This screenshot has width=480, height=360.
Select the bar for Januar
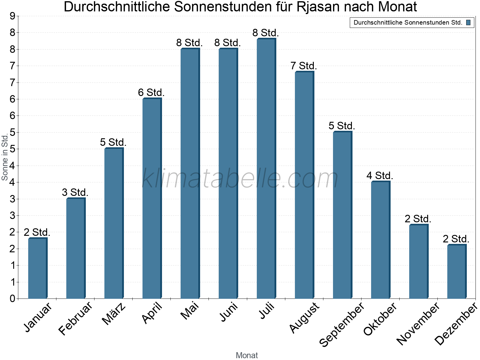37,268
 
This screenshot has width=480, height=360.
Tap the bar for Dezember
457,271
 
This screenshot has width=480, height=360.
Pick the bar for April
152,198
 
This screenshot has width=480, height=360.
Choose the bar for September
342,215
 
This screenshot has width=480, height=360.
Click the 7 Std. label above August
304,66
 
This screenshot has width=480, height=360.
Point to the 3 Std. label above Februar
75,192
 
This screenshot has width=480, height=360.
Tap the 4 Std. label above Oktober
380,175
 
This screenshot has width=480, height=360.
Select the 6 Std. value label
151,92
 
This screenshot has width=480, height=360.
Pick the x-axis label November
418,323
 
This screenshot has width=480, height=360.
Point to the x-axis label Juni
229,312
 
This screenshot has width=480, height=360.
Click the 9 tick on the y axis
12,16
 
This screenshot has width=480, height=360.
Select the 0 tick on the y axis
12,298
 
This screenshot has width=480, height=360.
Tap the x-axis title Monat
247,355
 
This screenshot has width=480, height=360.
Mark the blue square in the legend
468,22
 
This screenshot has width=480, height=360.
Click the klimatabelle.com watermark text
240,178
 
